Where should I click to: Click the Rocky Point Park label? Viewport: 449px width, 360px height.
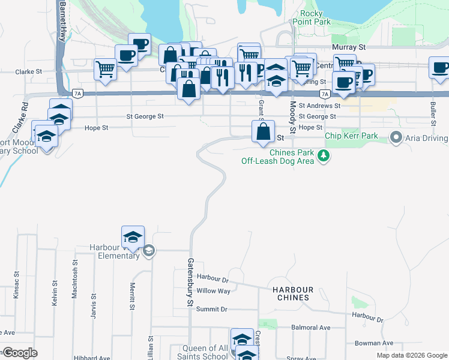pyautogui.click(x=312, y=17)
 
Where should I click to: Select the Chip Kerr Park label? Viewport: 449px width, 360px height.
pyautogui.click(x=351, y=136)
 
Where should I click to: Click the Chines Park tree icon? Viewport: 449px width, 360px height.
pyautogui.click(x=324, y=156)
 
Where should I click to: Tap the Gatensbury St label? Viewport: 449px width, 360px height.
pyautogui.click(x=189, y=282)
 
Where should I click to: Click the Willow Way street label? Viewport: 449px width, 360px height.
pyautogui.click(x=214, y=291)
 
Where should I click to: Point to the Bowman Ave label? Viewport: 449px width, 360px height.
pyautogui.click(x=376, y=343)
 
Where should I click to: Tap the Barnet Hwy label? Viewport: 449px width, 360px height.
pyautogui.click(x=62, y=21)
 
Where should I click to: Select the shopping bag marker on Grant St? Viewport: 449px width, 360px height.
pyautogui.click(x=264, y=132)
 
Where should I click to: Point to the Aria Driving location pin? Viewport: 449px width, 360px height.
pyautogui.click(x=396, y=138)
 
